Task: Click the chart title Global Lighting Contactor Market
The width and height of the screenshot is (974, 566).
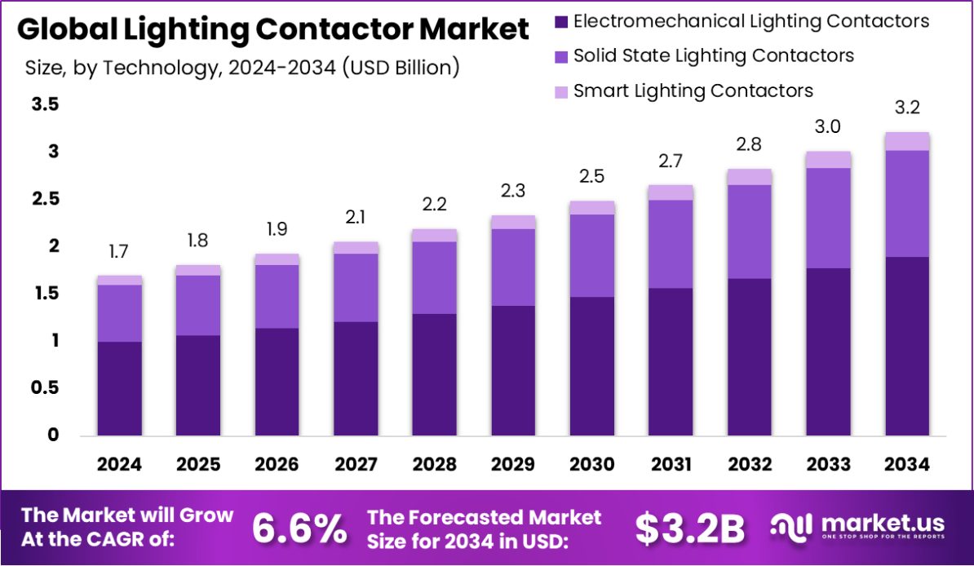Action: coord(272,30)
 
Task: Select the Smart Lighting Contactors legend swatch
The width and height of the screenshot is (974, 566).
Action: coord(561,92)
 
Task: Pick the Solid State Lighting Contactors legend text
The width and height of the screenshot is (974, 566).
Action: coord(714,55)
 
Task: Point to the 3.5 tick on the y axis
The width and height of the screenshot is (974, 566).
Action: coord(46,104)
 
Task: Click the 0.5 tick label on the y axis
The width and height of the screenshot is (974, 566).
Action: coord(46,388)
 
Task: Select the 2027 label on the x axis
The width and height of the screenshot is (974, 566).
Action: coord(356,465)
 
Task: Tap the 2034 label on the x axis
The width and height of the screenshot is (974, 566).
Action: coord(907,465)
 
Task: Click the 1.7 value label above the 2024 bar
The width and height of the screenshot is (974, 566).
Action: coord(119,252)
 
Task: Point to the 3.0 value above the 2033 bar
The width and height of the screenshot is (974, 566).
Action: coord(828,127)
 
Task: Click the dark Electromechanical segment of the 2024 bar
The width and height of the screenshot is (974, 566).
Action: coord(119,388)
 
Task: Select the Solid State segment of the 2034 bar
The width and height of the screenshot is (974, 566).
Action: coord(907,204)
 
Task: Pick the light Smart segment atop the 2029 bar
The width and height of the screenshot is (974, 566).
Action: coord(513,222)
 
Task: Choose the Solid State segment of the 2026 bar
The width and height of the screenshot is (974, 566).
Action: coord(277,296)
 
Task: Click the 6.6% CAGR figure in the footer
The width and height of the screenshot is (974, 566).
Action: coord(299,528)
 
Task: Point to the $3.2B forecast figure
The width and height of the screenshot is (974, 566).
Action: coord(689,528)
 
